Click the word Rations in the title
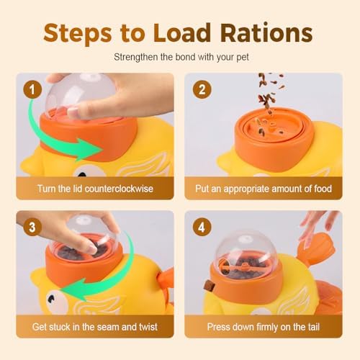[x=266, y=33]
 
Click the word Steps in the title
[x=78, y=34]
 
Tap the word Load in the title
[x=182, y=33]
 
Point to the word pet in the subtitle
[x=242, y=58]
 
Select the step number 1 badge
[x=32, y=90]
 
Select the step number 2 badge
[x=202, y=90]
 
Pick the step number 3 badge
[x=32, y=227]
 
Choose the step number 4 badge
[x=202, y=227]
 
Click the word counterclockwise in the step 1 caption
[x=119, y=189]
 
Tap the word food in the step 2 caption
[x=323, y=189]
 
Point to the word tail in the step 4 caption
[x=312, y=327]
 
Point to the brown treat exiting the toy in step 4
[x=210, y=286]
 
